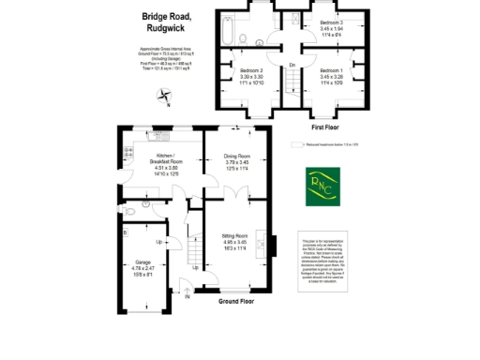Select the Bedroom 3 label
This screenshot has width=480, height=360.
(331, 22)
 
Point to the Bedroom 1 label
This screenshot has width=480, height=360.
(329, 72)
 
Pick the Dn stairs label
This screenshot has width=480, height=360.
(292, 65)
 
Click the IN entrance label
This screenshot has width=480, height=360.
(187, 298)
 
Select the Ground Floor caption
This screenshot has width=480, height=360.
(237, 302)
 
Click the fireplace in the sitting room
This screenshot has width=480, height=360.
(274, 243)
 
